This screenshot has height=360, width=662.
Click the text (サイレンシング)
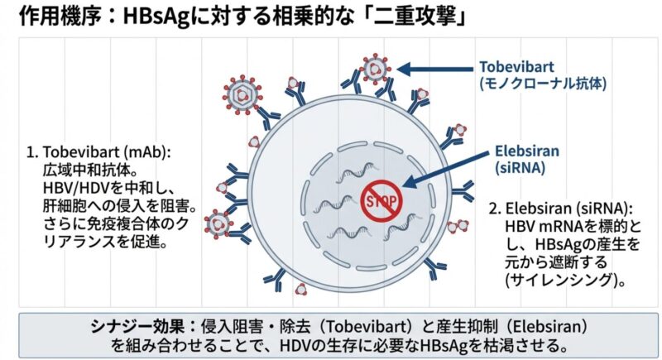pos(565,279)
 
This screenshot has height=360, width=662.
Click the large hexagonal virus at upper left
pos(244,96)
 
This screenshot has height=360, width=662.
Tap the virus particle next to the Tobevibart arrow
pos(377,70)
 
